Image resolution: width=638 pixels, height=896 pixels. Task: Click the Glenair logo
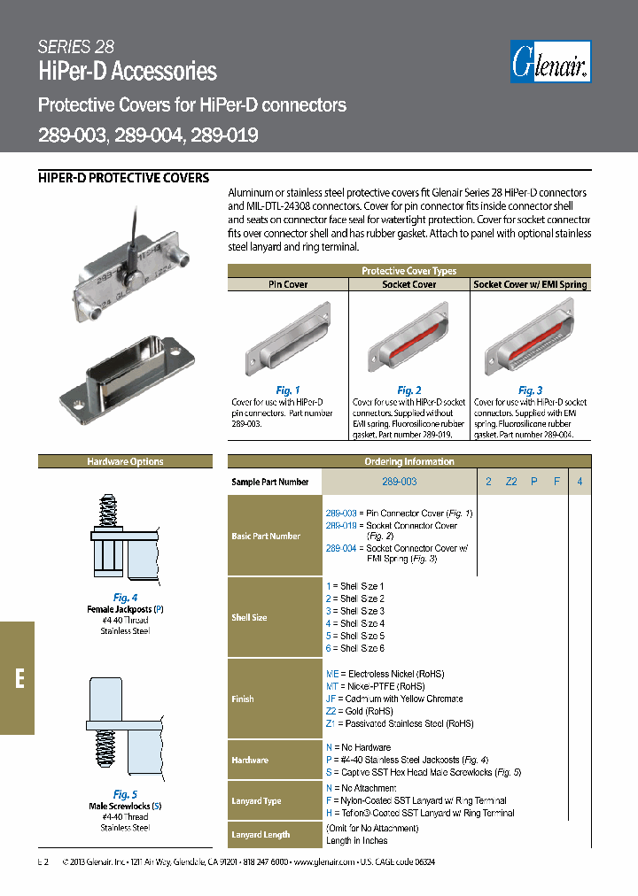[x=550, y=63]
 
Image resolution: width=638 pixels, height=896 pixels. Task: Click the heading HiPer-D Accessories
[x=128, y=72]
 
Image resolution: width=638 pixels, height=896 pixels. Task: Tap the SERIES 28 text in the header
[x=76, y=47]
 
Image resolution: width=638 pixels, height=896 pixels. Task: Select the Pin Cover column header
[x=288, y=285]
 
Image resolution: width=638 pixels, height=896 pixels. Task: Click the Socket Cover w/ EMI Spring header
[x=530, y=285]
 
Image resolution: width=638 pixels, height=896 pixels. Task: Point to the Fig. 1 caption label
[x=288, y=390]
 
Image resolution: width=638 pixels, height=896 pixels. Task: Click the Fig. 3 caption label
[x=530, y=390]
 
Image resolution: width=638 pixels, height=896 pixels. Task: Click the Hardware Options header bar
[x=125, y=461]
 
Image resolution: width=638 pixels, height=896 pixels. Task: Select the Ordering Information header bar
[x=408, y=461]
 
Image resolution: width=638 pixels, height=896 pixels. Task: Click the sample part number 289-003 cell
[x=399, y=482]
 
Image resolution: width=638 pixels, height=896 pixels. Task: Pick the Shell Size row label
[x=249, y=617]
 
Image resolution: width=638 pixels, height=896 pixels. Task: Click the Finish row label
[x=243, y=699]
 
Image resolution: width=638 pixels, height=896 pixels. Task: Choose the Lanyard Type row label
[x=256, y=800]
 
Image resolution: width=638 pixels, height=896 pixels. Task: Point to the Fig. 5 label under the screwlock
[x=125, y=794]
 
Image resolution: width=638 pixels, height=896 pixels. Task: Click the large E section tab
[x=18, y=678]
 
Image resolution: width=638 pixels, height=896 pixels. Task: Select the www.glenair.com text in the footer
[x=314, y=861]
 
